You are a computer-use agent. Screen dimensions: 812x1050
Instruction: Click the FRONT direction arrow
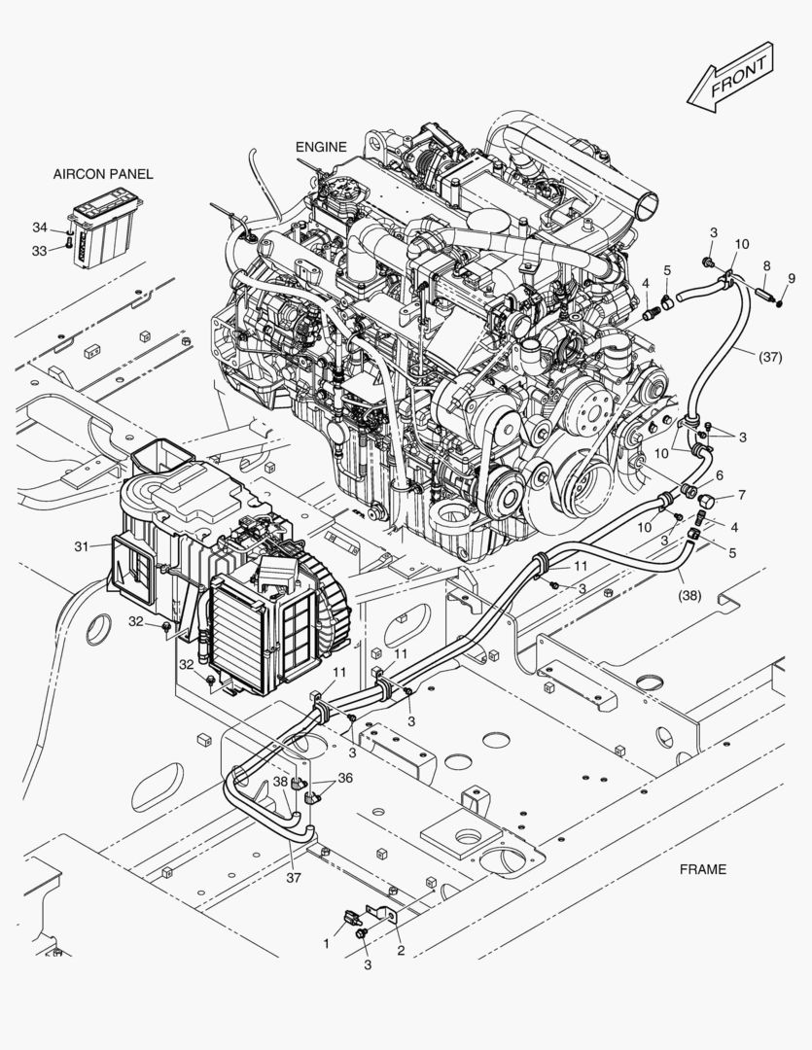731,77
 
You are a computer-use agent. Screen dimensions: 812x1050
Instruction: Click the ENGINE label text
322,147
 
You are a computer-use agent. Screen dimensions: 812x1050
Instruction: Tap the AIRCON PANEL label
103,174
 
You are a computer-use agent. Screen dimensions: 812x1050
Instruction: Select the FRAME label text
703,869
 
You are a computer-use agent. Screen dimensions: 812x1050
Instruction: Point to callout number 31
81,546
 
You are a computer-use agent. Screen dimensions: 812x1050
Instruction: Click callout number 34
40,227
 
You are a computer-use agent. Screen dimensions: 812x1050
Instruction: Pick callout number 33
40,251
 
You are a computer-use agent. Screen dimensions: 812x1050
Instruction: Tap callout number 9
792,278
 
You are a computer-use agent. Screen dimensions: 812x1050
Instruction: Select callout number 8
767,265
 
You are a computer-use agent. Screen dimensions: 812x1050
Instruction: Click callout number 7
742,495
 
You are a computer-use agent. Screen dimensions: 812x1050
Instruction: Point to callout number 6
720,475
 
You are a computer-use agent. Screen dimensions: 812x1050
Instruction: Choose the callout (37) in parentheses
770,357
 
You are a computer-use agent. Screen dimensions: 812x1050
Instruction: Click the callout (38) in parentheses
690,594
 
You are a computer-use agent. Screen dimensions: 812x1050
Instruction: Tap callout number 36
345,778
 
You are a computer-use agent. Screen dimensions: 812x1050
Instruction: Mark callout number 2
401,951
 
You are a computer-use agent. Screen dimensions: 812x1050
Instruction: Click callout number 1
327,943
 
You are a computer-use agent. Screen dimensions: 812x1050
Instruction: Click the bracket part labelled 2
381,914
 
